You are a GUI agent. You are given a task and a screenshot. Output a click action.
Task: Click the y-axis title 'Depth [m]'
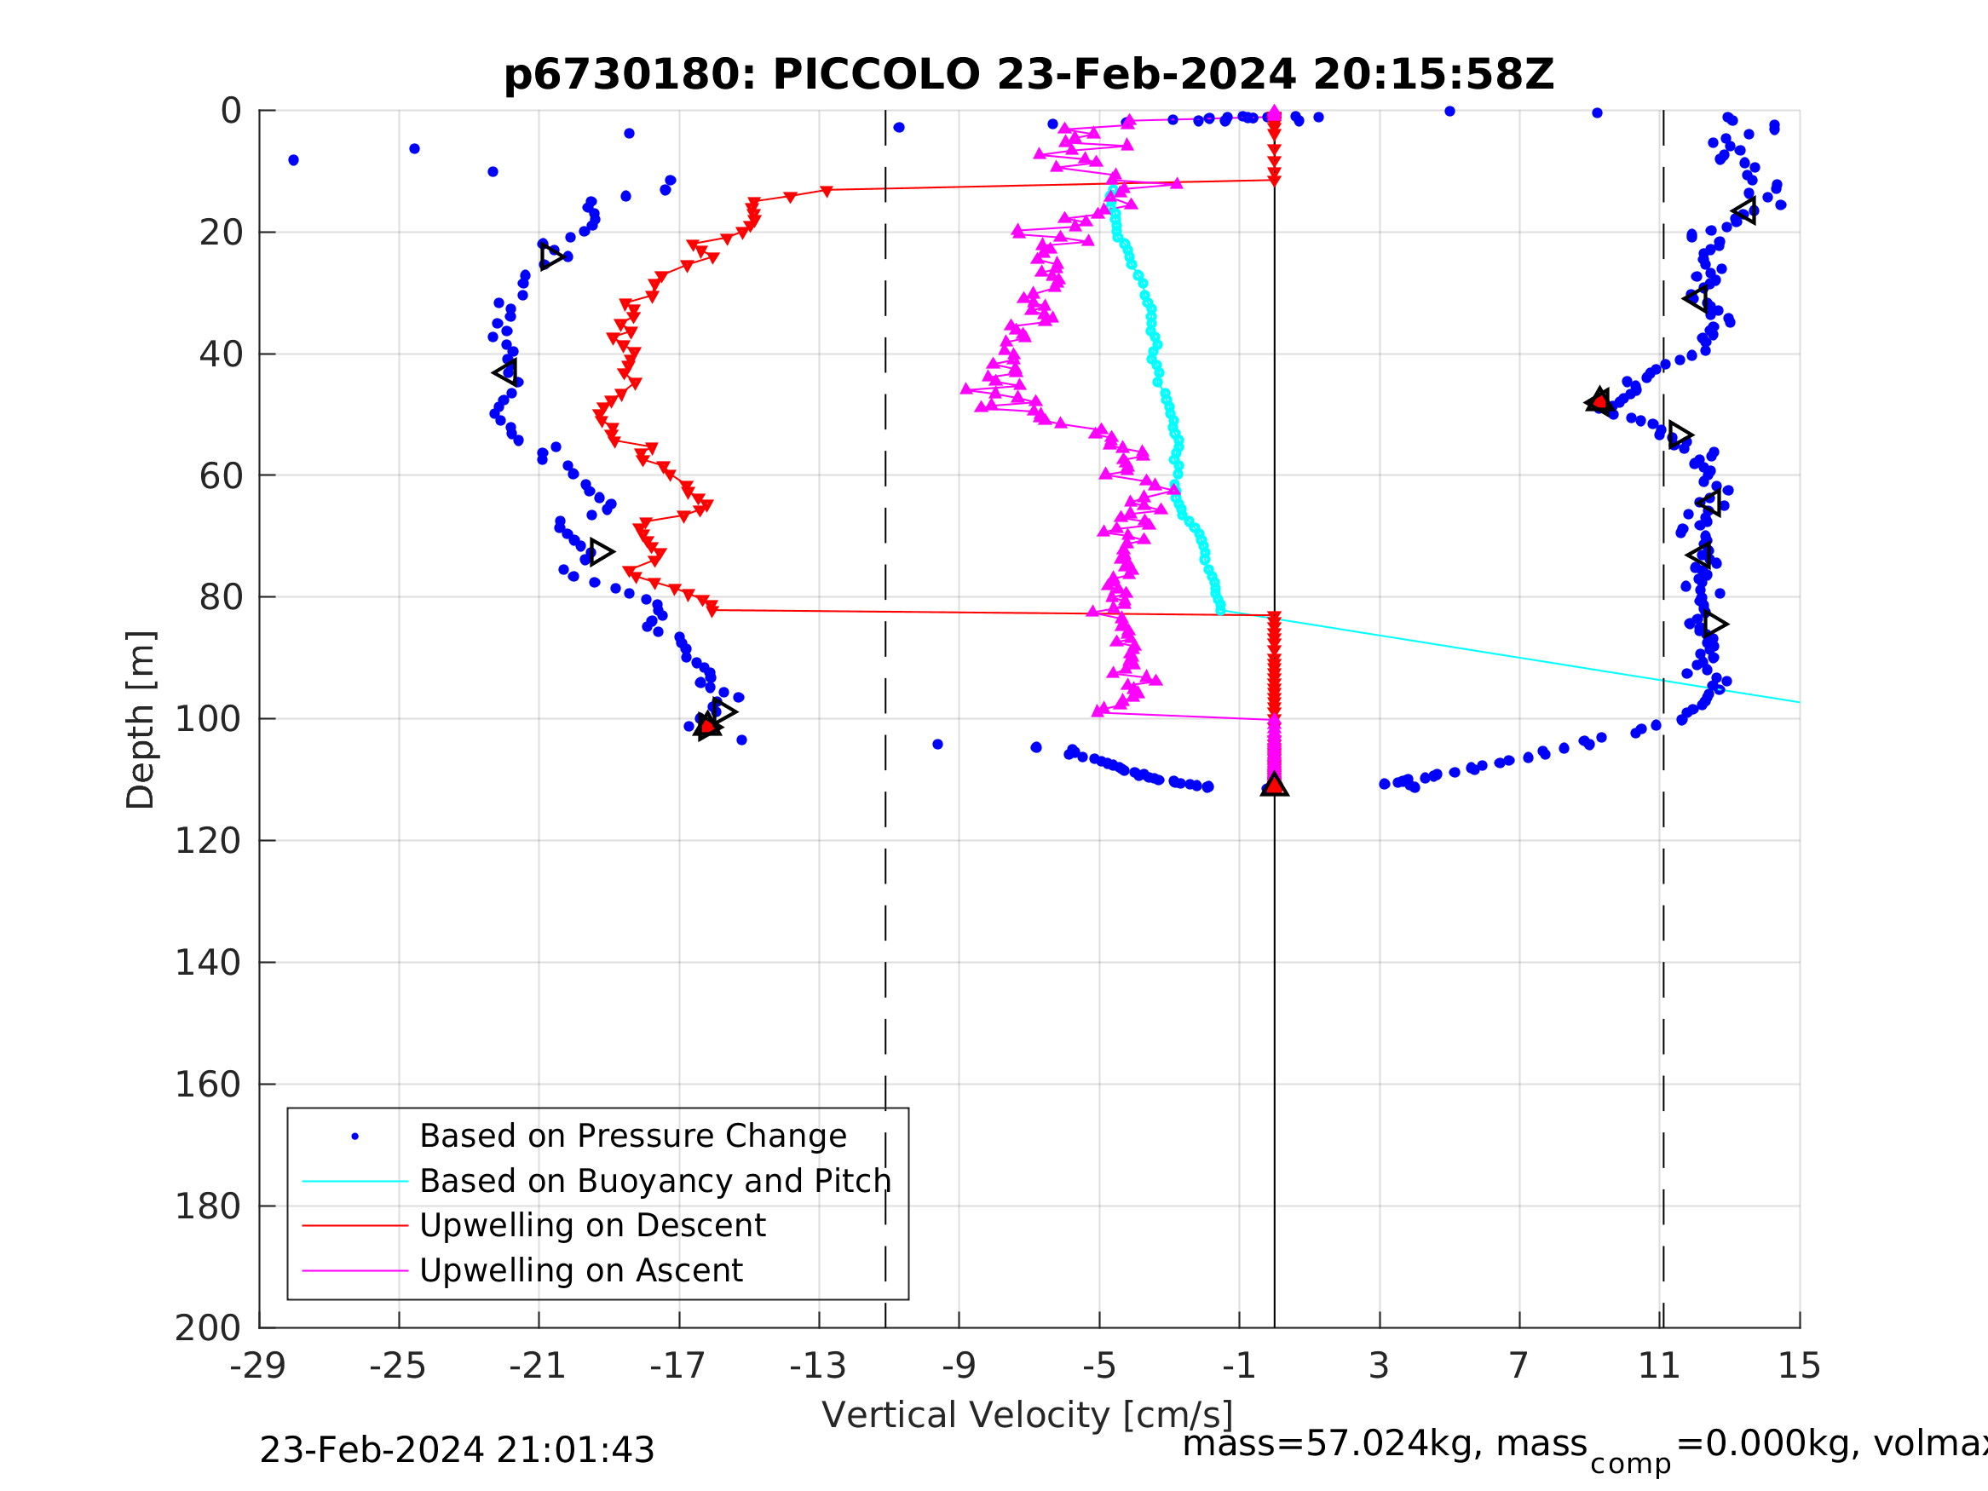tap(141, 720)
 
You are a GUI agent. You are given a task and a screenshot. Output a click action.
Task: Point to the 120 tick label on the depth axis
tap(208, 841)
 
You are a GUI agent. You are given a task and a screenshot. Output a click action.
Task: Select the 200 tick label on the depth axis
tap(208, 1328)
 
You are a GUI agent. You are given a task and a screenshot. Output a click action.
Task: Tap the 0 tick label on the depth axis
tap(231, 112)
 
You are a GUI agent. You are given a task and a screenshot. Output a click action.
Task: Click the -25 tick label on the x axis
tap(397, 1366)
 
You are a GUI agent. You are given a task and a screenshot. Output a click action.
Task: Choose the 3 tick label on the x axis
tap(1379, 1366)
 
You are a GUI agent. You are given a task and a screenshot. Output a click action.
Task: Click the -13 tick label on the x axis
tap(818, 1366)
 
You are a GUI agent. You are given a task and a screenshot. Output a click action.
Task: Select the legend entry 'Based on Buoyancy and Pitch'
tap(655, 1181)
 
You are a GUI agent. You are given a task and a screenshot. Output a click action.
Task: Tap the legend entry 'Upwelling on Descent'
tap(592, 1226)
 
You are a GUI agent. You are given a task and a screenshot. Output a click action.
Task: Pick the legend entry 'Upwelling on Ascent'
tap(580, 1271)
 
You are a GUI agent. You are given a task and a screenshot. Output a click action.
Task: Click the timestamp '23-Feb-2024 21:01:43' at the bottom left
tap(457, 1451)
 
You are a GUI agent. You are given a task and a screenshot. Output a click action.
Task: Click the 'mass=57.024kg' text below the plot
tap(1384, 1444)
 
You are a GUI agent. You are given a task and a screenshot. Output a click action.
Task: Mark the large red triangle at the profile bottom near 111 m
tap(1275, 786)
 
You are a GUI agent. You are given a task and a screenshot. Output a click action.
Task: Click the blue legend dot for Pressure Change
tap(355, 1137)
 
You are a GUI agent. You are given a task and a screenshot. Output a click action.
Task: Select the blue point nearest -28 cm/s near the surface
tap(294, 160)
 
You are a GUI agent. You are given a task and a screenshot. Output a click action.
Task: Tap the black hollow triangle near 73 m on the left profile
tap(601, 552)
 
